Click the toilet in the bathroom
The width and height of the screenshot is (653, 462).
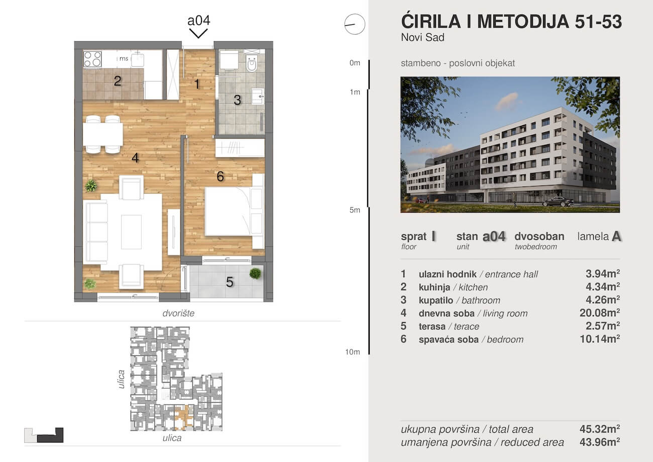point(252,63)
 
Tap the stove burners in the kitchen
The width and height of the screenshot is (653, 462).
point(92,59)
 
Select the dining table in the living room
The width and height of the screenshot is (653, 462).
point(102,134)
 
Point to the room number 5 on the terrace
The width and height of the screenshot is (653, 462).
point(230,282)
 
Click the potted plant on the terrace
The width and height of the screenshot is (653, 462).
point(255,273)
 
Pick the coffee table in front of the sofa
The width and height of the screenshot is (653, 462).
point(131,232)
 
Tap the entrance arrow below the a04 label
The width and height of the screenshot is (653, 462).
point(198,34)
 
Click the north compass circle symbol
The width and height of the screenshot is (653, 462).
point(355,24)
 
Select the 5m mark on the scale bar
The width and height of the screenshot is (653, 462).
point(355,210)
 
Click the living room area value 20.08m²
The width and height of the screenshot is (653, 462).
point(599,313)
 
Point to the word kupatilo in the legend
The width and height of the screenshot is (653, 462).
point(434,300)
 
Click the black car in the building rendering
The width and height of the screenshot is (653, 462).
point(558,202)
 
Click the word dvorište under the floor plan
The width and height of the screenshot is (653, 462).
point(178,313)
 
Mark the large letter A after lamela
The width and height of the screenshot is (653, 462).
point(617,237)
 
